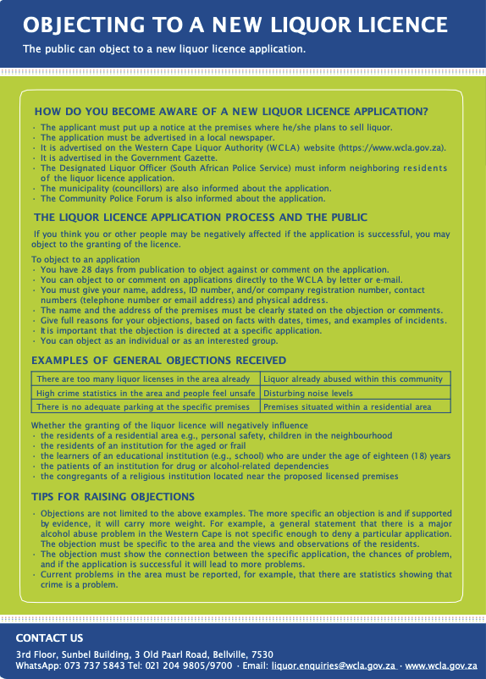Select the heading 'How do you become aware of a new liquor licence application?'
[x=230, y=112]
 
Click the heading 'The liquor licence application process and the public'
[x=201, y=218]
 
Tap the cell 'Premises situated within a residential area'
[x=347, y=407]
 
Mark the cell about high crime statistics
[x=146, y=394]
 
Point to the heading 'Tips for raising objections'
[x=113, y=496]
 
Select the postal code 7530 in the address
[x=262, y=654]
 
